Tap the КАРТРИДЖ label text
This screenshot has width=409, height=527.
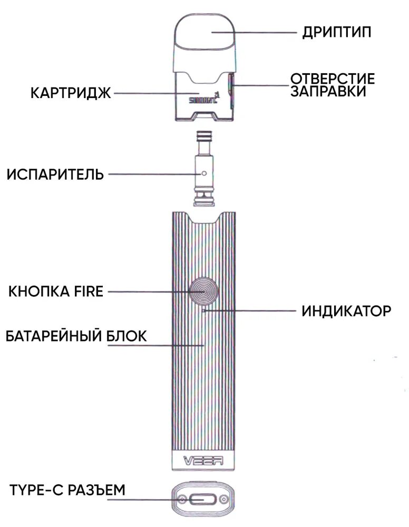pos(70,93)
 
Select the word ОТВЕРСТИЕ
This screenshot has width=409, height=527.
pos(333,79)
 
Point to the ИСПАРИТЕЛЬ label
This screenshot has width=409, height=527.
pos(55,174)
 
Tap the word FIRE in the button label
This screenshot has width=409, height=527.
pos(88,291)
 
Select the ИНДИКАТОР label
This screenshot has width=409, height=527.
pos(346,311)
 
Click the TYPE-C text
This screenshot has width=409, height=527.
pos(34,490)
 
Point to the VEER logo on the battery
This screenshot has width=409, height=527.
pos(203,460)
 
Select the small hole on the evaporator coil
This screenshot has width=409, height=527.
pos(203,172)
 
